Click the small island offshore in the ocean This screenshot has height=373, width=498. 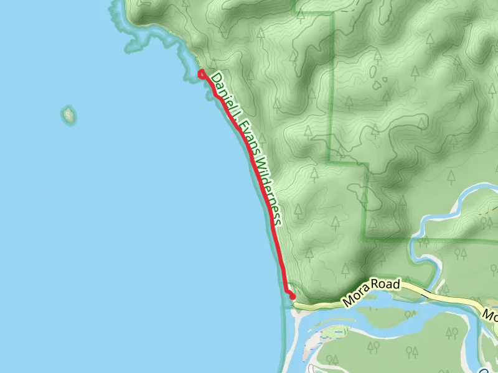point(68,114)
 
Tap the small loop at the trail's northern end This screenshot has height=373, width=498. point(202,75)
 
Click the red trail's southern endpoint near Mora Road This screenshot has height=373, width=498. point(291,296)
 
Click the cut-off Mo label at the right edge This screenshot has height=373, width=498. point(490,315)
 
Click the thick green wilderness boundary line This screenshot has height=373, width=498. point(334,93)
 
